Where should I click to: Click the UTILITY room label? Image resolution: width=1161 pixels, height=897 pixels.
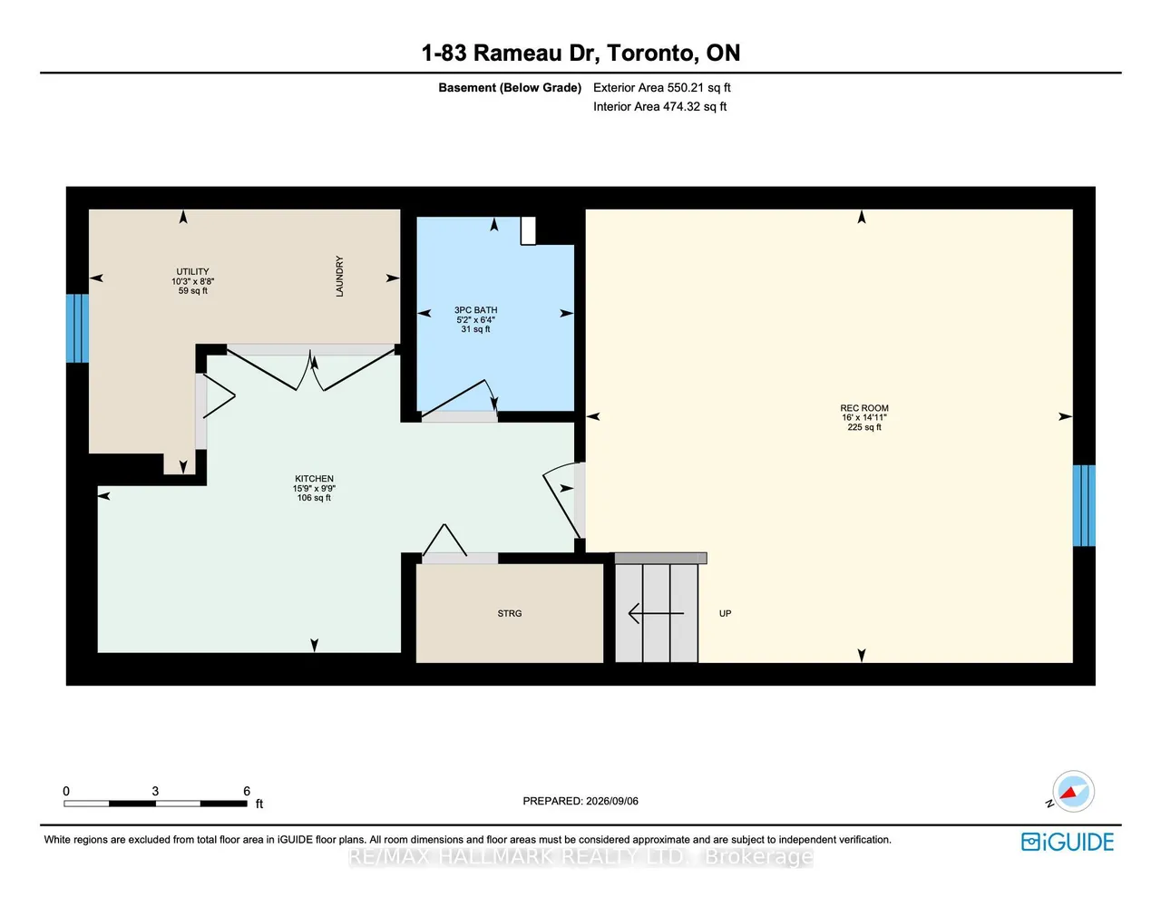coord(192,271)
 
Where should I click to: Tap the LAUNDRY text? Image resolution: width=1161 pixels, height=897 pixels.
coord(339,277)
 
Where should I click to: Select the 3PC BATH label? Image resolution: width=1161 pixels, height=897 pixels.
coord(475,310)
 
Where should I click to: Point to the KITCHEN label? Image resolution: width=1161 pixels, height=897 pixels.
coord(314,479)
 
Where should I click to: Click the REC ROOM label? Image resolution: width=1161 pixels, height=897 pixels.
coord(863,408)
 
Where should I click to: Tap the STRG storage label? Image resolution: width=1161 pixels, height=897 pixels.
coord(509,613)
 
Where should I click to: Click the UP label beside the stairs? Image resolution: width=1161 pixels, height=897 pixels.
coord(725,613)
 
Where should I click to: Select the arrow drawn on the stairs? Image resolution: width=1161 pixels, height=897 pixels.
coord(656,613)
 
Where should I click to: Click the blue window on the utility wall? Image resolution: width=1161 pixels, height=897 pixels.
coord(77,328)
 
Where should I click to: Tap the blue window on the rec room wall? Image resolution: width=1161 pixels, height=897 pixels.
coord(1084,505)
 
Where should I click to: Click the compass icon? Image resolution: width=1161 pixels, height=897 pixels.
coord(1072,791)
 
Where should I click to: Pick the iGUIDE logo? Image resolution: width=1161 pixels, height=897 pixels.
coord(1068,842)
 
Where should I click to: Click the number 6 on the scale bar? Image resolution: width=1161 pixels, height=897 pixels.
coord(247,791)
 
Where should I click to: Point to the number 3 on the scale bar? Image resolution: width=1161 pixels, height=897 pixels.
coord(155,791)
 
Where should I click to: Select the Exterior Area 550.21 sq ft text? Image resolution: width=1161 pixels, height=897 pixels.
coord(661,88)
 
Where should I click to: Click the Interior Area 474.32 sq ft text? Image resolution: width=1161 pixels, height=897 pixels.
coord(659,106)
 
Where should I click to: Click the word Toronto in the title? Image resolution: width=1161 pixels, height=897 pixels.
coord(650,53)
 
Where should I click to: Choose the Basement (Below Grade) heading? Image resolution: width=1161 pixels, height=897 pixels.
coord(510,88)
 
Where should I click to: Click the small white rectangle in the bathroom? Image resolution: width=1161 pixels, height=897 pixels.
coord(528,230)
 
